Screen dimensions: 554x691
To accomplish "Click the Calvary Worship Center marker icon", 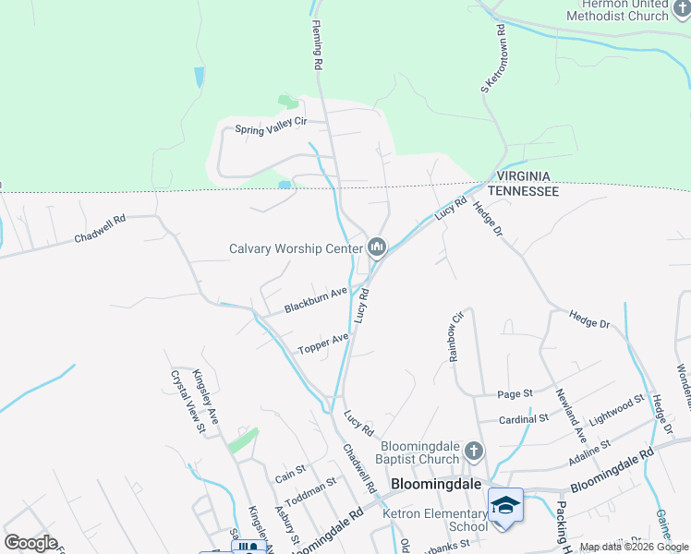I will coord(377,247).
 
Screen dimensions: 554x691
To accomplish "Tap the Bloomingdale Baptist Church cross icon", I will coord(473,452).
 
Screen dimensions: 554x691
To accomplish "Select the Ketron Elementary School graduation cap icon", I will coord(505,505).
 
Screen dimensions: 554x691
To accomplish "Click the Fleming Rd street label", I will coord(317,46).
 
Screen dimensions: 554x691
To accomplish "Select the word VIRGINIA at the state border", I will coord(523,176).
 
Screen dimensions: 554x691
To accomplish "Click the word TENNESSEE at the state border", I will coord(523,191).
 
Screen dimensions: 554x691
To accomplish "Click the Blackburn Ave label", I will coord(315,299).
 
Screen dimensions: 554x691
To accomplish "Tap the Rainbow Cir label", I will coord(455,335).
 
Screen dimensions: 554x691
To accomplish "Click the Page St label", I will coord(515,393).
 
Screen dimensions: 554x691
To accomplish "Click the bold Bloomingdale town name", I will coord(436,484).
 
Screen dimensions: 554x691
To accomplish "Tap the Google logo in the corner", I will coord(30,542).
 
